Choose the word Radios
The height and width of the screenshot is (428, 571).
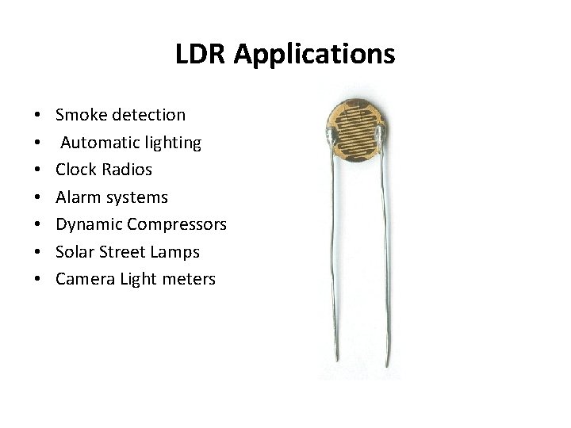click(x=127, y=170)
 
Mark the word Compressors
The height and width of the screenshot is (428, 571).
click(x=177, y=225)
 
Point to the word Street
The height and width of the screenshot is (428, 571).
click(x=123, y=252)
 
